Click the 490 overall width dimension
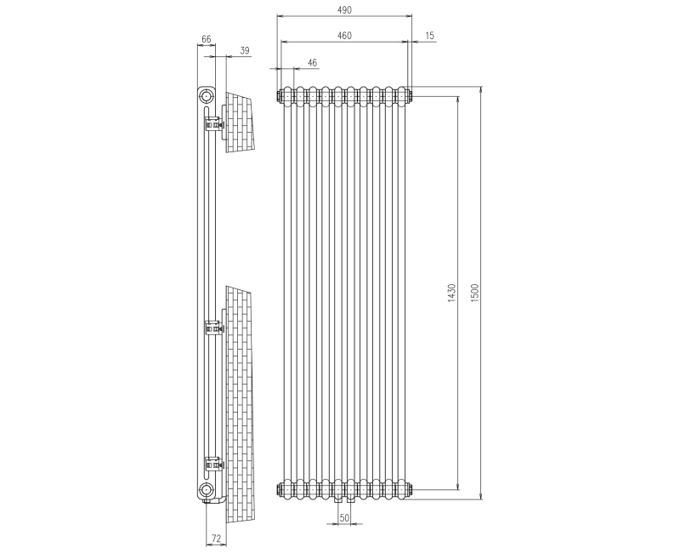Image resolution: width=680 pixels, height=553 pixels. pos(344,9)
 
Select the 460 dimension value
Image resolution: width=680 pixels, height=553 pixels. pos(344,36)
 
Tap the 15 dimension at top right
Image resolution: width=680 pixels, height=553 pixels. pos(429,36)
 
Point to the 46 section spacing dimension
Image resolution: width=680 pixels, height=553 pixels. pos(312,63)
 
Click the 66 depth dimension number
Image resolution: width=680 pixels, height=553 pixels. pos(206,39)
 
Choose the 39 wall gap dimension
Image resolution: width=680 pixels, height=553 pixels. pos(245,51)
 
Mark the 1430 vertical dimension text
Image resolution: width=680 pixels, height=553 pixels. pos(452,294)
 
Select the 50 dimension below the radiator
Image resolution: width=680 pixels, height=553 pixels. pos(344,517)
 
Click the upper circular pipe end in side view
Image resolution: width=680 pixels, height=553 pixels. pos(207,95)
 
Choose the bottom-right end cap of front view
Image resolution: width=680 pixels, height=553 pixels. pos(411,489)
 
